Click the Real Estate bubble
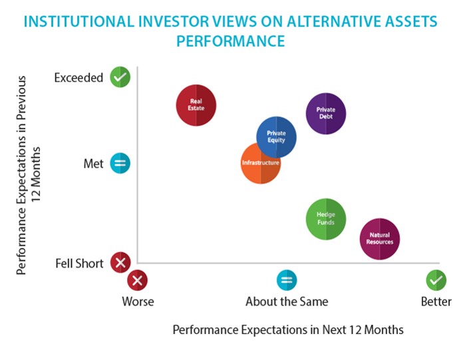click(196, 105)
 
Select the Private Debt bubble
click(326, 114)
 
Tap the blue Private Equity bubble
click(276, 137)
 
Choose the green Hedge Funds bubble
click(326, 219)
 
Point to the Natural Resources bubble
click(380, 239)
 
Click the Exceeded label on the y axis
click(78, 78)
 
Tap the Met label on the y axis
click(93, 164)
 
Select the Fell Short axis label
click(79, 264)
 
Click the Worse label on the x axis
click(138, 301)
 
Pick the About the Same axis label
click(287, 301)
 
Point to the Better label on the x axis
click(436, 301)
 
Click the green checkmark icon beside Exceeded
click(120, 77)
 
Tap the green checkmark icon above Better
click(436, 280)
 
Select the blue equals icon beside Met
click(120, 163)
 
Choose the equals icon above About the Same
click(287, 280)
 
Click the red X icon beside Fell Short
click(120, 263)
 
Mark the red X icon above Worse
click(137, 280)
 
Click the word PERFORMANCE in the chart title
click(231, 41)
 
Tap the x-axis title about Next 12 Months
click(288, 330)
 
